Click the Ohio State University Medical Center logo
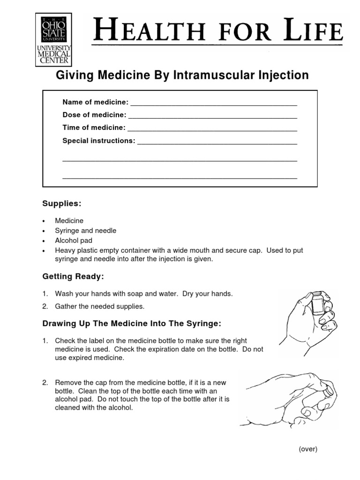[53, 39]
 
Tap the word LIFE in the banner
[319, 31]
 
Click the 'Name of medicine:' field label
[95, 102]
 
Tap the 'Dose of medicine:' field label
[94, 115]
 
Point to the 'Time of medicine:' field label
[94, 127]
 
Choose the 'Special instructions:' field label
[98, 141]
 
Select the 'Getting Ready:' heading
[73, 277]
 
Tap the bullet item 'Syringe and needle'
[85, 231]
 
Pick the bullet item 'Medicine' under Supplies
[69, 220]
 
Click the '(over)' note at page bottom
[308, 449]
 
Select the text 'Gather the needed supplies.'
[100, 307]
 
